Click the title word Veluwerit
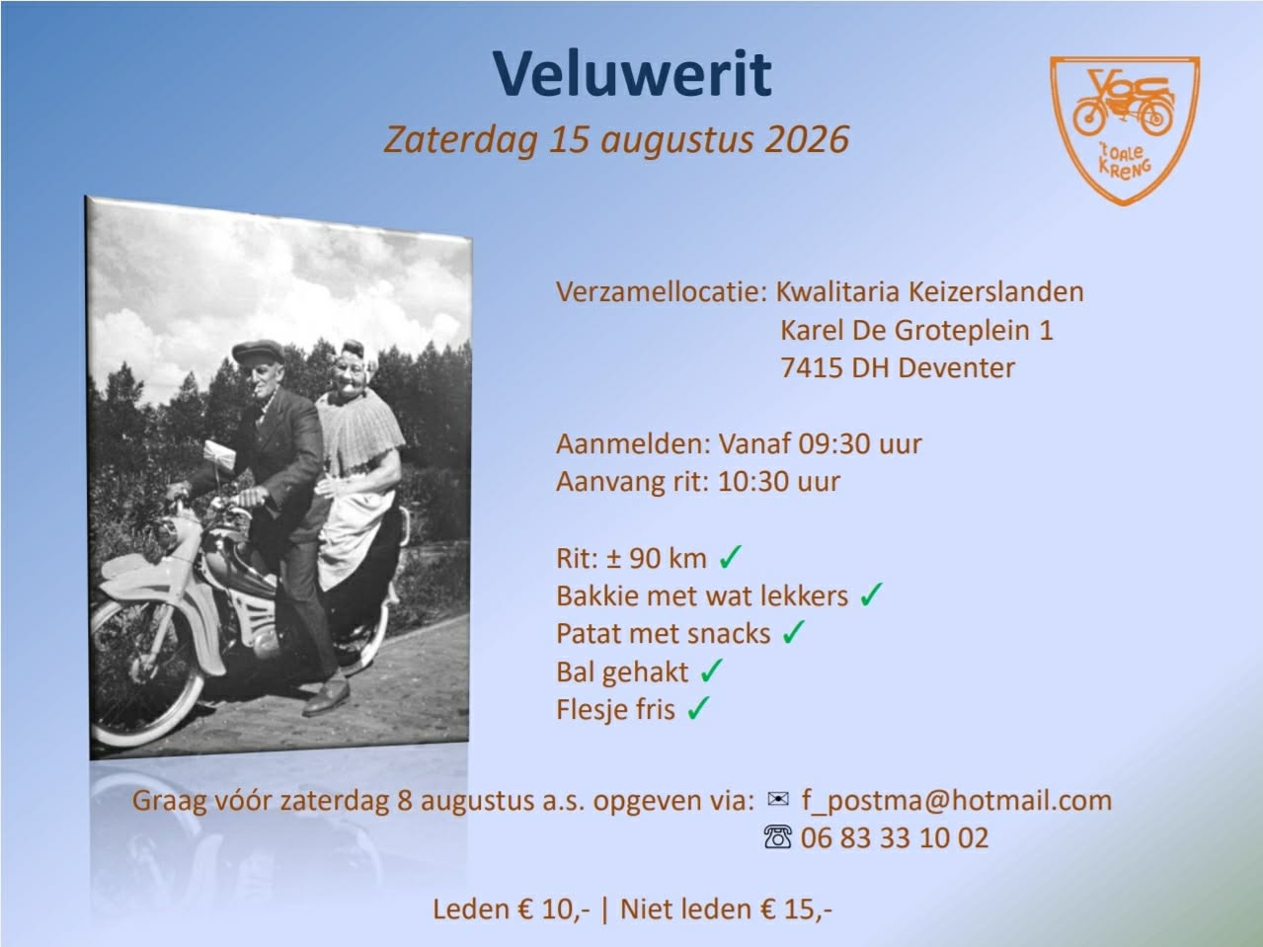632,75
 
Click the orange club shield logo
1125,130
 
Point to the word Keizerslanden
995,291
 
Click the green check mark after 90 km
730,557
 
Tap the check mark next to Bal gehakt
712,671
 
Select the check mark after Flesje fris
698,708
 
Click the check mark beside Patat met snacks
794,632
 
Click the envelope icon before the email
778,800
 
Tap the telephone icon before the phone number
778,837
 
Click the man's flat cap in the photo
258,351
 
